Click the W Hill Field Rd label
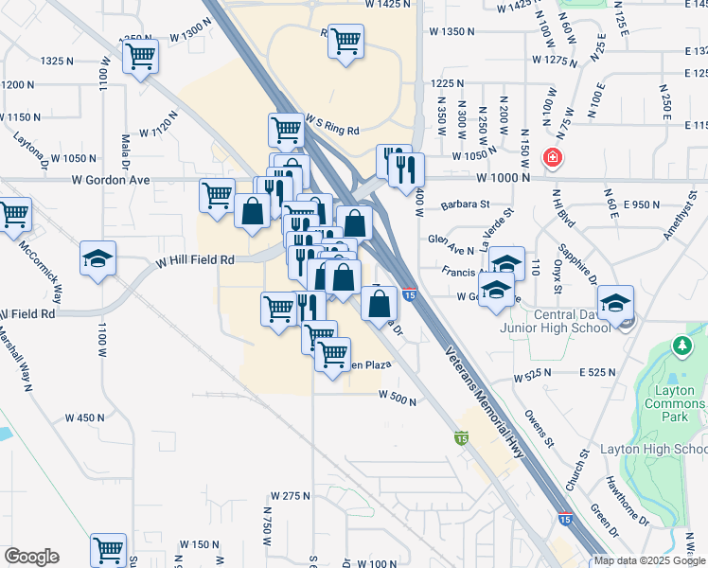pyautogui.click(x=195, y=259)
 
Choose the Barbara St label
pyautogui.click(x=465, y=204)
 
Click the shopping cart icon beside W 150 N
pyautogui.click(x=108, y=549)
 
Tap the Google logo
pyautogui.click(x=31, y=557)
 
